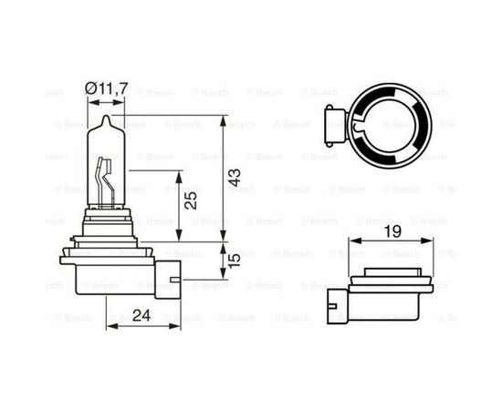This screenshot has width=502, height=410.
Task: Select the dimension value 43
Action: (237, 178)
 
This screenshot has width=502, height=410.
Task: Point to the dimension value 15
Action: (235, 262)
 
